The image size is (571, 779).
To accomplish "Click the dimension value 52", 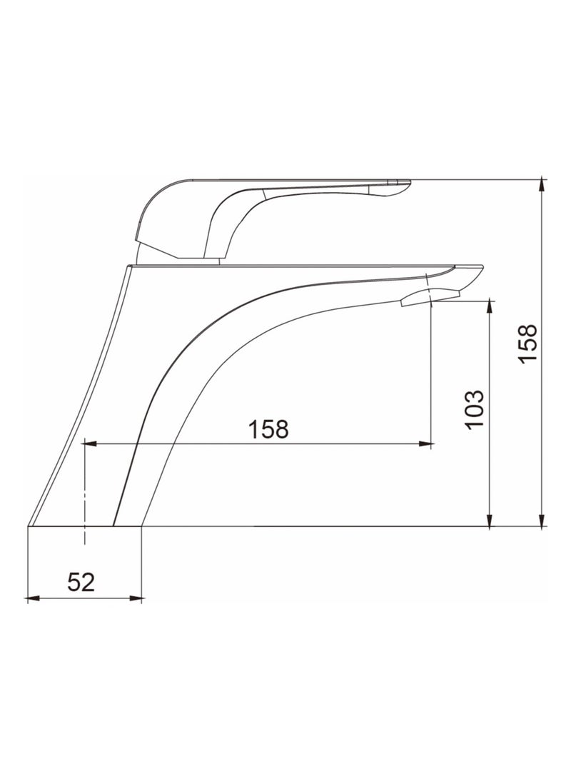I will (x=81, y=581).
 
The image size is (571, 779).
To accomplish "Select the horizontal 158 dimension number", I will (x=268, y=429).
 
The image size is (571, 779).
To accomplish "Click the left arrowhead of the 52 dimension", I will (x=31, y=598).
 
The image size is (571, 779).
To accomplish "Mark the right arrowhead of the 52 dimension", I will (x=138, y=598).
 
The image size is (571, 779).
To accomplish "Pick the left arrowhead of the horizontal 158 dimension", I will (x=89, y=444).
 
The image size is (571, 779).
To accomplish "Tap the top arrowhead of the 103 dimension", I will (x=489, y=306).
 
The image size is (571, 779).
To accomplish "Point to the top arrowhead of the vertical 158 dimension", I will (x=543, y=184).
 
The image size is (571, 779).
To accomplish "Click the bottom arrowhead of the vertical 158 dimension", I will (x=543, y=522).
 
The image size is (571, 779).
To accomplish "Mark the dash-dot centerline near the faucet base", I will (x=84, y=493).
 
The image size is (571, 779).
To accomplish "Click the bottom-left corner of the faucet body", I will (x=29, y=527).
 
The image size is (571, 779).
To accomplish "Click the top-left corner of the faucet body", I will (x=127, y=266).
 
